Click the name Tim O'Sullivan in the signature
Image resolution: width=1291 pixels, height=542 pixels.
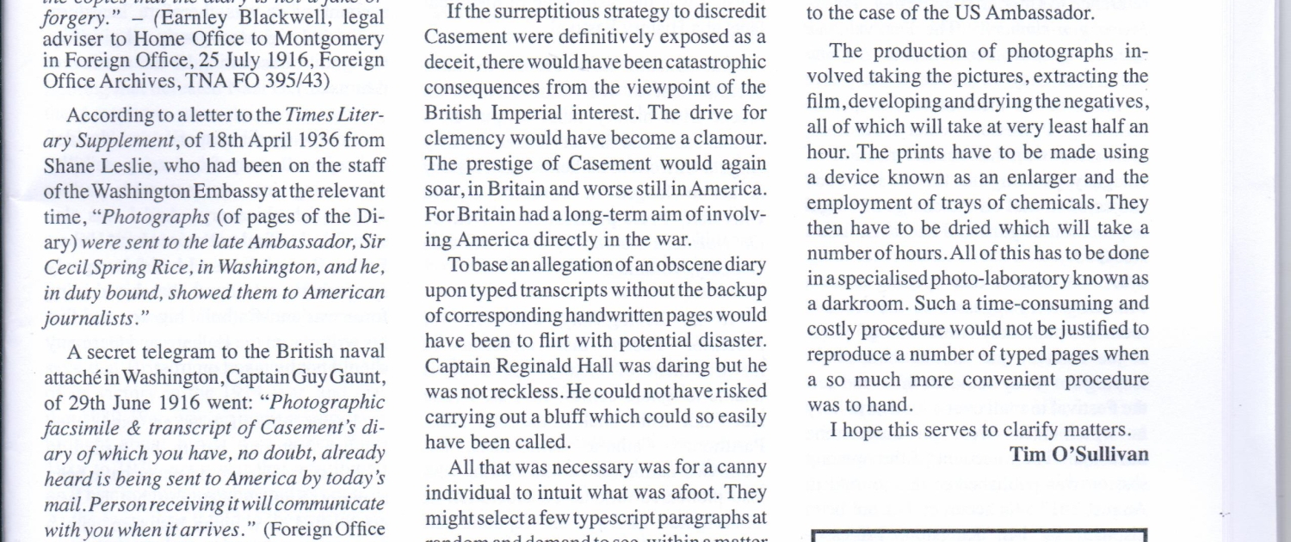tap(1079, 454)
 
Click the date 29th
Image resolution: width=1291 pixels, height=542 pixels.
tap(90, 402)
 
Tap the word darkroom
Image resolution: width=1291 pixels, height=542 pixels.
tap(860, 304)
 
